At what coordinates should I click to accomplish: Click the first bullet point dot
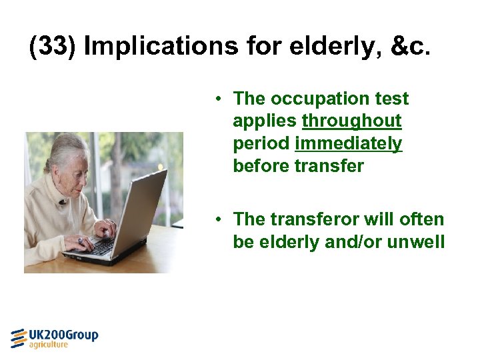(218, 99)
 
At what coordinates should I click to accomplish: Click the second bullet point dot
(218, 219)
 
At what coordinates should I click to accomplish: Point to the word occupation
(316, 99)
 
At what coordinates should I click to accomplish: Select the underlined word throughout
(351, 121)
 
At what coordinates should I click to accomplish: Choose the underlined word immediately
(348, 143)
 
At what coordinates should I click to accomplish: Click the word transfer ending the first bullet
(331, 166)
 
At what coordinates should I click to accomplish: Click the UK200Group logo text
(64, 335)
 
